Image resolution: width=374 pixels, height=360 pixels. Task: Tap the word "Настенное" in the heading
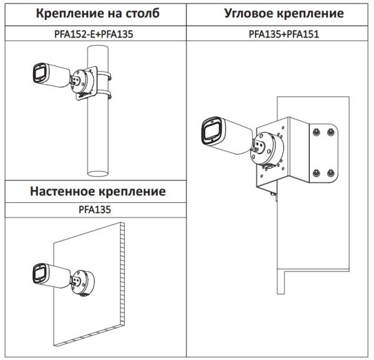coord(65,191)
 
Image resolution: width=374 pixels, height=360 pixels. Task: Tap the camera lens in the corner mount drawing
coord(208,132)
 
